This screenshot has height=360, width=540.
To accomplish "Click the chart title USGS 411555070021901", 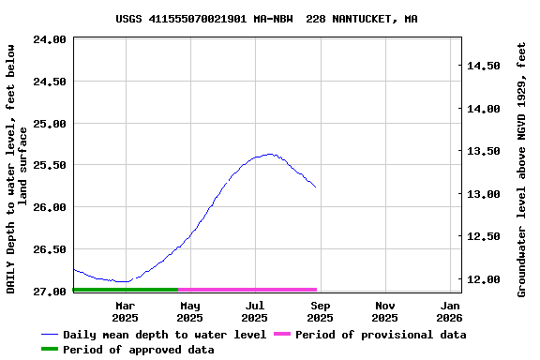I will pos(267,19).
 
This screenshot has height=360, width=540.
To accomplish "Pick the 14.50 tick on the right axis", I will pos(484,66).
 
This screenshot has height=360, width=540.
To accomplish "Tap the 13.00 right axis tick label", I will pos(484,194).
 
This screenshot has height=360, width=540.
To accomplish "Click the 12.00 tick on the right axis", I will pos(484,279).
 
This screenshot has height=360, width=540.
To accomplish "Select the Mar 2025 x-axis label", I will pos(125,311).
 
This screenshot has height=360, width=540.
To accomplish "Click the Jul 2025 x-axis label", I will pos(255,311).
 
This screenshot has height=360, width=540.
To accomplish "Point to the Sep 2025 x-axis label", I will pos(320,311).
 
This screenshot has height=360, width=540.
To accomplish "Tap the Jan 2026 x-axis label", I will pos(450,311).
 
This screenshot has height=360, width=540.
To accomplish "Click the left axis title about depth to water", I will pos(17,169).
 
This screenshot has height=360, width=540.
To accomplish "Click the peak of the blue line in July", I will pos(270,154).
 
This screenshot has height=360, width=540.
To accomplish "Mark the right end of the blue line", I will pos(316,187).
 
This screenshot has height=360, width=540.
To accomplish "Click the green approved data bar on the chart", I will pos(125,290).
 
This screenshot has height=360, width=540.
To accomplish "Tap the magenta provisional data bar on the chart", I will pos(247,290).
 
